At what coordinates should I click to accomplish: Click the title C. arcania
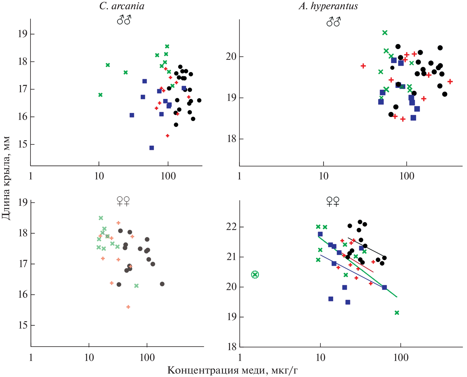click(x=122, y=6)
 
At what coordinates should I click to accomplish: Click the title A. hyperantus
click(x=328, y=6)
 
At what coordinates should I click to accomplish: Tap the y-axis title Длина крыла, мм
click(x=6, y=178)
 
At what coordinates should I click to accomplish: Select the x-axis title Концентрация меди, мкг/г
click(x=232, y=370)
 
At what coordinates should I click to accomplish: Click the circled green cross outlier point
click(x=255, y=275)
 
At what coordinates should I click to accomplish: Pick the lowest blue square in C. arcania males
click(x=152, y=148)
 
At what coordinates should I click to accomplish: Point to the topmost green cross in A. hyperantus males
click(x=385, y=33)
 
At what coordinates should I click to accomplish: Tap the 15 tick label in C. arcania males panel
click(x=23, y=144)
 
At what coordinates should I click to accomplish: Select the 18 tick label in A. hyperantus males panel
click(x=232, y=139)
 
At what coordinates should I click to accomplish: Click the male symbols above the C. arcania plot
click(x=124, y=20)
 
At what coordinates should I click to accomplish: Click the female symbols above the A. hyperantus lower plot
click(x=333, y=202)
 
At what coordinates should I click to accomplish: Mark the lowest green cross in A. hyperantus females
click(x=397, y=313)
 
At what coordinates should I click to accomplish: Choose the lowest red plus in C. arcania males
click(x=167, y=136)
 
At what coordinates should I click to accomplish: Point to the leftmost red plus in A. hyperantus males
click(x=363, y=66)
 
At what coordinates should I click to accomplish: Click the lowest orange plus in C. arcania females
click(x=128, y=307)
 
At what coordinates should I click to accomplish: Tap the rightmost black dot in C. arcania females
click(x=162, y=284)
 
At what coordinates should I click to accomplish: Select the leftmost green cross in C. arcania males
click(x=100, y=95)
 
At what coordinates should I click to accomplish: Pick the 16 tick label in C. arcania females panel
click(x=23, y=295)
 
